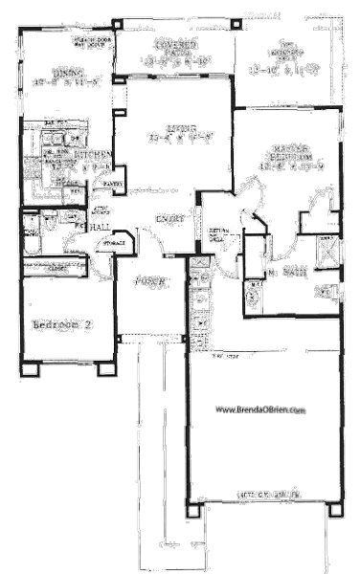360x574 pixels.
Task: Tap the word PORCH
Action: [x=147, y=283]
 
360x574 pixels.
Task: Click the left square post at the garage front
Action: [x=194, y=510]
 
